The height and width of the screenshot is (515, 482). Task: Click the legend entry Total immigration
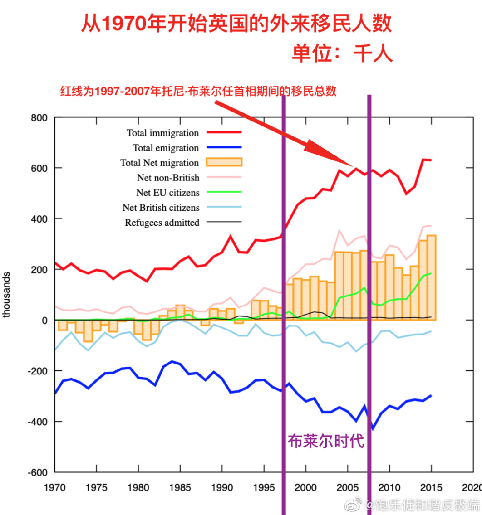point(162,133)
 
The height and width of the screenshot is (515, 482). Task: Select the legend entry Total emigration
point(166,148)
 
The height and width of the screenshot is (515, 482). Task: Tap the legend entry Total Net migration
point(159,163)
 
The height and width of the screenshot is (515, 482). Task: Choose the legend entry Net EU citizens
point(167,193)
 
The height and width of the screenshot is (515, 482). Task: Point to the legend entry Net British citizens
point(161,208)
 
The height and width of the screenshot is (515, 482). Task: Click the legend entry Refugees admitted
point(162,223)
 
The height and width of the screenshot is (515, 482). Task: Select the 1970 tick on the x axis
point(55,487)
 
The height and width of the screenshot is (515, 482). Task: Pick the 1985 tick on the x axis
point(180,487)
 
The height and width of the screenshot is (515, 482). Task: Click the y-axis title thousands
point(7,295)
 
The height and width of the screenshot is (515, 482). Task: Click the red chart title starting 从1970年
point(236,24)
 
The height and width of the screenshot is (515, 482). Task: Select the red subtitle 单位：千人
point(341,53)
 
